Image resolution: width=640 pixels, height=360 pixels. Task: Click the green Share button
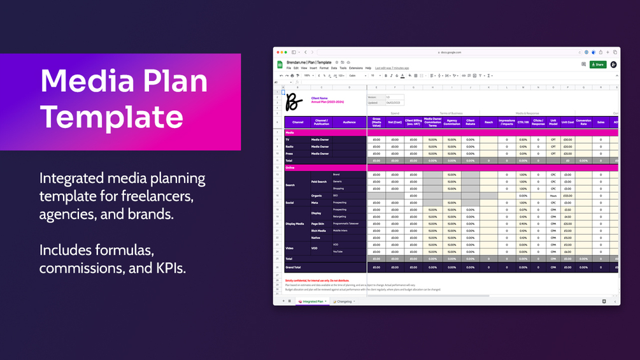click(598, 64)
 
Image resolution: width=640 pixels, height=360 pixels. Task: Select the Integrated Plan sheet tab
click(312, 301)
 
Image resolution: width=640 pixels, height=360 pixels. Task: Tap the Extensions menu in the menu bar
click(356, 68)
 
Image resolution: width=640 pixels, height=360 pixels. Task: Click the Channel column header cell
click(297, 122)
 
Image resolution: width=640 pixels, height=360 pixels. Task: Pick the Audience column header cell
click(349, 122)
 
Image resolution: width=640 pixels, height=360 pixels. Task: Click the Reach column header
click(488, 122)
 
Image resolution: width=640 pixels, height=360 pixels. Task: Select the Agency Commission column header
click(452, 122)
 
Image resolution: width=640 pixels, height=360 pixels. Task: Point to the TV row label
click(288, 140)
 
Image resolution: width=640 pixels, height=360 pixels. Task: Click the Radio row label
click(289, 147)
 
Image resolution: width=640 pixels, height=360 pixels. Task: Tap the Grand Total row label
click(293, 267)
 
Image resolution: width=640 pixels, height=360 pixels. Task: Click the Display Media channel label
click(294, 224)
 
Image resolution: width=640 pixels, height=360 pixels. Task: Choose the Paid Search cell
click(318, 182)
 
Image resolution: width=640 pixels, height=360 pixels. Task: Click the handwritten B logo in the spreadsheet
click(294, 101)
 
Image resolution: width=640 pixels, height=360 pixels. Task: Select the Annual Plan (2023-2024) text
click(327, 102)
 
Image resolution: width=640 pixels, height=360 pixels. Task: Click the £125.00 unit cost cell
click(567, 196)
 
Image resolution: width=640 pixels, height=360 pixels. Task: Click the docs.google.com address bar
click(450, 52)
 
